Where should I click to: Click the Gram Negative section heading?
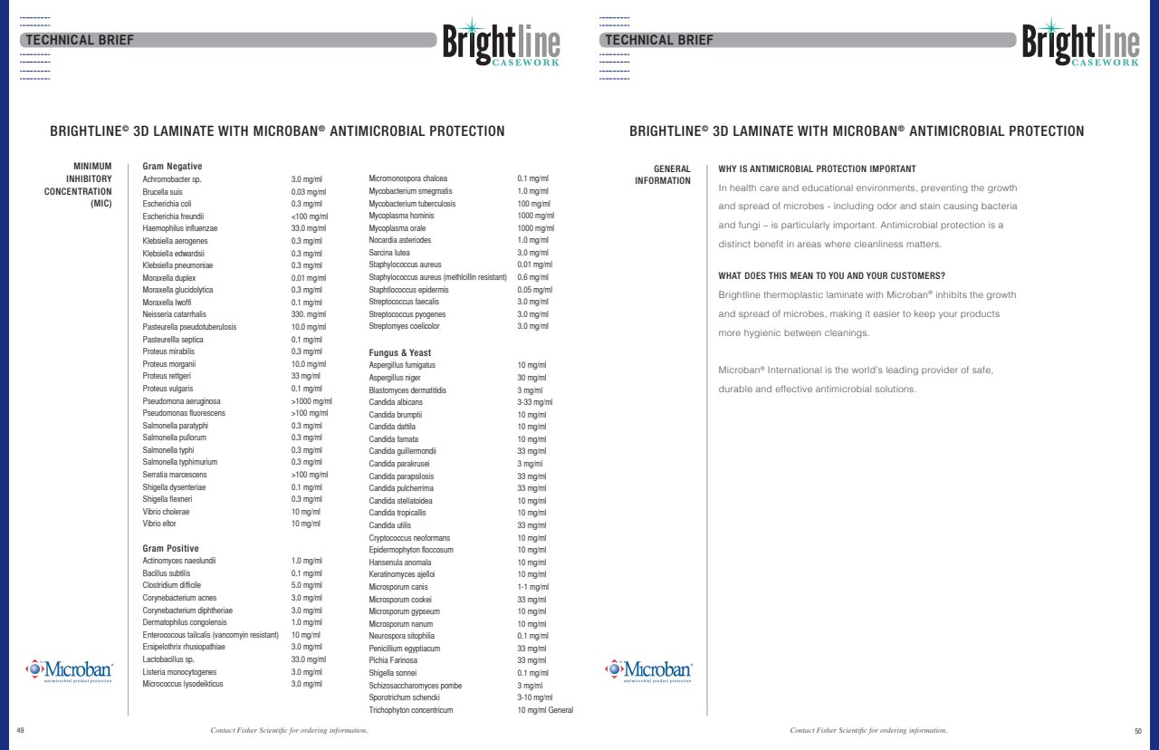point(172,167)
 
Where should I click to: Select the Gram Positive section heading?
point(170,549)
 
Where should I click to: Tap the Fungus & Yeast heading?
point(399,352)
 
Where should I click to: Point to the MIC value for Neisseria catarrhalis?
point(308,314)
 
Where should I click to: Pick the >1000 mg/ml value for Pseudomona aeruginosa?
point(311,400)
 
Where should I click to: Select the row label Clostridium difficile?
point(171,585)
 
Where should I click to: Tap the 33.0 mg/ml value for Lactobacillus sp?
point(308,659)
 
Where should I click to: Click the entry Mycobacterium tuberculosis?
point(412,204)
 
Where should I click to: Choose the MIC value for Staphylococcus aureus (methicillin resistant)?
point(533,277)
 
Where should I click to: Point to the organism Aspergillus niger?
point(395,378)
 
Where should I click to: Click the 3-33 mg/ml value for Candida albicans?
point(534,402)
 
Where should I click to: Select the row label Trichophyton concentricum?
point(410,710)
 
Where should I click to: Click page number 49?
point(21,730)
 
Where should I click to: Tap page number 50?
point(1138,730)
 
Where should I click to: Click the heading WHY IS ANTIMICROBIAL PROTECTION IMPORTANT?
point(817,169)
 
